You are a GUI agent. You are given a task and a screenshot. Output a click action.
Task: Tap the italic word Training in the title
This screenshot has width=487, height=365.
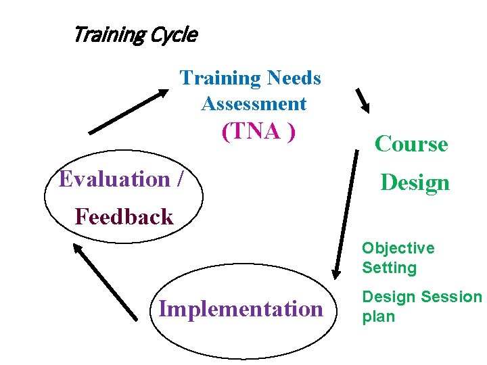click(x=107, y=34)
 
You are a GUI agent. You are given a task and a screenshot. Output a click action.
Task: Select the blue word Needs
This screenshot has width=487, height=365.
click(x=294, y=78)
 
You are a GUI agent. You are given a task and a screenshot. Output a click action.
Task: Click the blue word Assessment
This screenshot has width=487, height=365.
click(x=254, y=104)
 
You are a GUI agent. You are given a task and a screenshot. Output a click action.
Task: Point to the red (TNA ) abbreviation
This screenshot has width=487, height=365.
click(x=258, y=131)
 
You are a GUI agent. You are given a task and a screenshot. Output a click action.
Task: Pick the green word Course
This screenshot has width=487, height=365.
click(x=411, y=144)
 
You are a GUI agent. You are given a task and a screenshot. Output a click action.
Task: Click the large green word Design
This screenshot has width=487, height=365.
click(x=415, y=182)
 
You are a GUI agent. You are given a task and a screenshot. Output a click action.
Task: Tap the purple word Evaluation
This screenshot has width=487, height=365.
click(x=115, y=179)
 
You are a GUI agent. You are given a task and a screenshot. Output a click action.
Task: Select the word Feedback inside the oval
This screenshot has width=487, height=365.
click(x=124, y=217)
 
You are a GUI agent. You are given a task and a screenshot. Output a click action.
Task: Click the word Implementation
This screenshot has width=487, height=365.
click(x=241, y=309)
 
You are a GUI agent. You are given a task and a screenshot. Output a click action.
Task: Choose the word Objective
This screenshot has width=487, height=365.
click(x=398, y=248)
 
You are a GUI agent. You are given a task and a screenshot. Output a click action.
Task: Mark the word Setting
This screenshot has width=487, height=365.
click(x=389, y=268)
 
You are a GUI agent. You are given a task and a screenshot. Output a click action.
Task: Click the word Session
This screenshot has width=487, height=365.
click(x=451, y=297)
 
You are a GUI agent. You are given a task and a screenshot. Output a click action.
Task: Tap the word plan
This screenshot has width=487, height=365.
click(x=378, y=316)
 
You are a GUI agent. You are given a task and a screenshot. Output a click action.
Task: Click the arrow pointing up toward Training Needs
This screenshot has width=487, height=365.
click(x=129, y=112)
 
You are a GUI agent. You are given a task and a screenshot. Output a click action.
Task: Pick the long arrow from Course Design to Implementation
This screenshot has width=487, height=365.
click(x=345, y=215)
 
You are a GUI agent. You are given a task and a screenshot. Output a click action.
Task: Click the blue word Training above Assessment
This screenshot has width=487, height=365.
click(x=221, y=78)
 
